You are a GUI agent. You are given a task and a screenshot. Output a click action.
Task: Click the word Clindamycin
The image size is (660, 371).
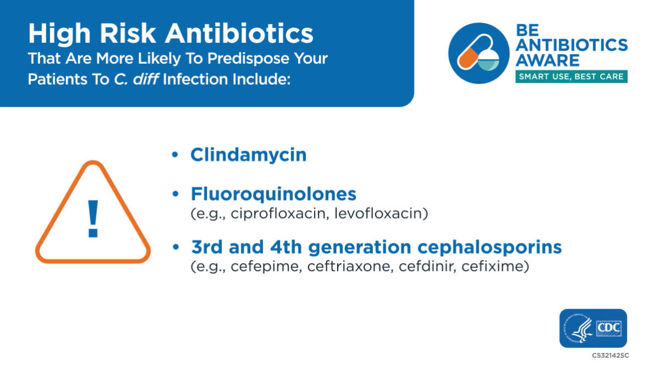tap(248, 155)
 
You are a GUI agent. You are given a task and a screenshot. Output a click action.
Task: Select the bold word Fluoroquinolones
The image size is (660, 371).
tap(273, 195)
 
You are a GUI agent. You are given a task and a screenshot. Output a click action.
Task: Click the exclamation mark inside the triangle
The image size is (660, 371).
tap(93, 219)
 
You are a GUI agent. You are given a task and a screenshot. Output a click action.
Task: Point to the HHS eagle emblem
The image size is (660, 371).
tap(577, 329)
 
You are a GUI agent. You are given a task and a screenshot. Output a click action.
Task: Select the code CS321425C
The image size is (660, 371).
tap(610, 356)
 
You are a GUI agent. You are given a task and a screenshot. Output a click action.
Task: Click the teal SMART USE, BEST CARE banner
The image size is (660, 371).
tap(571, 77)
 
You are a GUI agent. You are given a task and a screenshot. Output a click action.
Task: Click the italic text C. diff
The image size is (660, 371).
tap(137, 78)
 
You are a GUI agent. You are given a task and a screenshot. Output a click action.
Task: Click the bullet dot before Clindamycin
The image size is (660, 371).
tap(175, 156)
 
